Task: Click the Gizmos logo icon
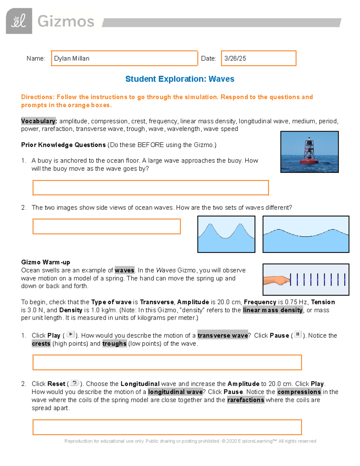19,21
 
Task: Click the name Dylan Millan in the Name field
72,59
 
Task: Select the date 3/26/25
235,59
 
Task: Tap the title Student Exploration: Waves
180,79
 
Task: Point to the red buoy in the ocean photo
309,153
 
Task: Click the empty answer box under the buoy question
150,188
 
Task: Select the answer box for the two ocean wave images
106,226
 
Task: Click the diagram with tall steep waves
226,234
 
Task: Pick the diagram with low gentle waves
306,234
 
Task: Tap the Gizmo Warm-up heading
46,262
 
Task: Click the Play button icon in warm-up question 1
70,334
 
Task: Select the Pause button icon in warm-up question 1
298,334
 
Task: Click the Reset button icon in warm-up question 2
74,383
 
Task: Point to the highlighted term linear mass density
273,310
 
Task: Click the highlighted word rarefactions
246,400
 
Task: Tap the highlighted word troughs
114,344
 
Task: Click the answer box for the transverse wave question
167,362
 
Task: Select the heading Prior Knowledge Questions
63,145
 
